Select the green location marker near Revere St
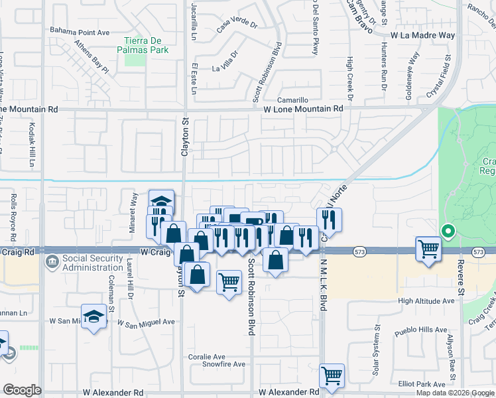448,232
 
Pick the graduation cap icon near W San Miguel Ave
94,316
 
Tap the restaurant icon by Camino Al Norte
330,218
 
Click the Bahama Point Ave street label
80,31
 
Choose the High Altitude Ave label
426,300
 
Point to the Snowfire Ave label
223,364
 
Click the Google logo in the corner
22,390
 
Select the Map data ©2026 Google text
455,393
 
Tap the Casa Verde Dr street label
237,26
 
